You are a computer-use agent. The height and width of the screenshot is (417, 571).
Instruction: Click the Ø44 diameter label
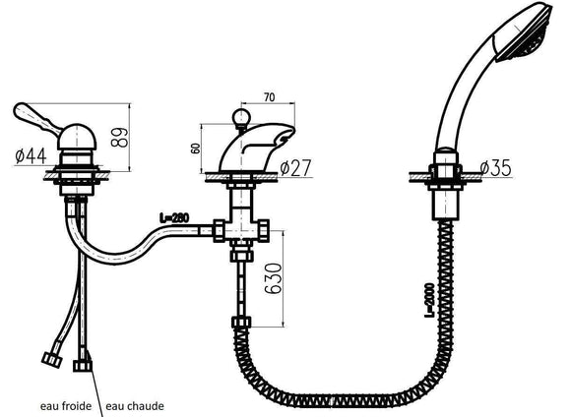tap(31, 156)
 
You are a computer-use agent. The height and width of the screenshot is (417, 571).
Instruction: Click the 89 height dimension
tap(120, 137)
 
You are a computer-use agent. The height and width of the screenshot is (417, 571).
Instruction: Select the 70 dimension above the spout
tap(269, 97)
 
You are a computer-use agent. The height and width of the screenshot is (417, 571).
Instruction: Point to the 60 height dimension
tap(196, 149)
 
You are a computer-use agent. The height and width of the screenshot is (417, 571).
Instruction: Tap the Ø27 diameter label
tap(296, 167)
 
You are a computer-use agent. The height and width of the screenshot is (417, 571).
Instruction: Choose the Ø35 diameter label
tap(495, 168)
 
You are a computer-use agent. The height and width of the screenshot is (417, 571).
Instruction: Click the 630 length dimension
tap(273, 278)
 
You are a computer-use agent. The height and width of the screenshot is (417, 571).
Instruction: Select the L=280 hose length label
tap(174, 218)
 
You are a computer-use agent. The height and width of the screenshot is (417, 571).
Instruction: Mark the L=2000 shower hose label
tap(430, 300)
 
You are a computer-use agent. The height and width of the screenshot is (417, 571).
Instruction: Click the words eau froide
tap(66, 406)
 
